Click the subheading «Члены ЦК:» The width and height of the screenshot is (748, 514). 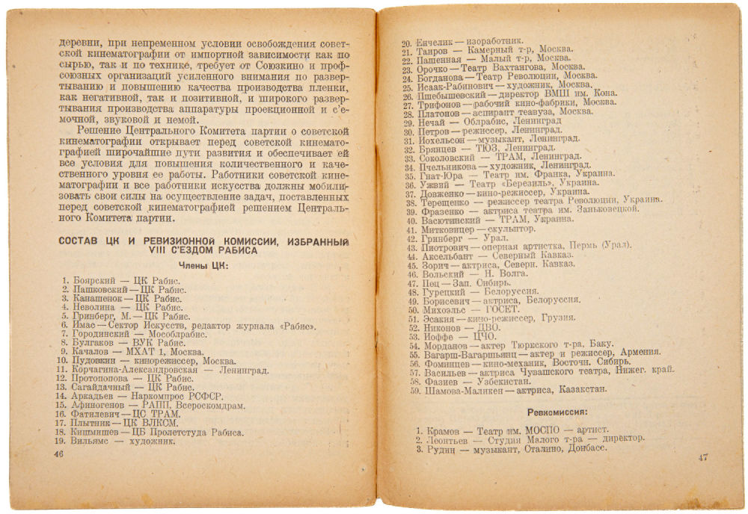[x=203, y=265]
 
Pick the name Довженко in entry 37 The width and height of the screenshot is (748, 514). [x=442, y=192]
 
